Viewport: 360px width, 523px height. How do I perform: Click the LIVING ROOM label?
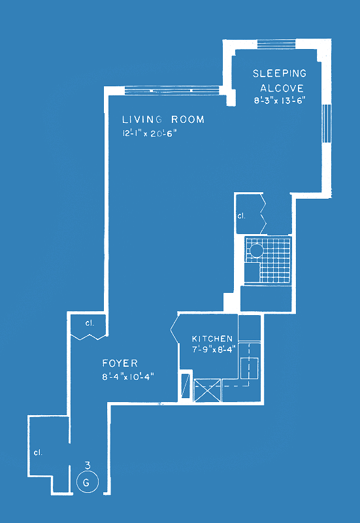163,120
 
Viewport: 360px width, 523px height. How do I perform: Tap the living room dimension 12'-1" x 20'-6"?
149,133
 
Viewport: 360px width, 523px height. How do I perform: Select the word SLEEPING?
280,74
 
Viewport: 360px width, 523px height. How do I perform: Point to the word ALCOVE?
282,88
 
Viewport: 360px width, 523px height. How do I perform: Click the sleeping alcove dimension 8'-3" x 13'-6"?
280,101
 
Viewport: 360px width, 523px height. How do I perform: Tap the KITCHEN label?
212,339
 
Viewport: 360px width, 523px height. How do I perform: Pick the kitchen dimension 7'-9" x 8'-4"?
214,349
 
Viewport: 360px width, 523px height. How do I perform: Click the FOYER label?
120,363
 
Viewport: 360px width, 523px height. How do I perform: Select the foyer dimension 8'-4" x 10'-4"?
128,377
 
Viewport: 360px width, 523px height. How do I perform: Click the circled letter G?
88,482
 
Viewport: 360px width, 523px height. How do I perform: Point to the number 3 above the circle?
88,465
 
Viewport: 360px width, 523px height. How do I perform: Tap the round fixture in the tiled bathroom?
257,250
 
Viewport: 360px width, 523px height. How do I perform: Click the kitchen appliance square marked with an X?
207,390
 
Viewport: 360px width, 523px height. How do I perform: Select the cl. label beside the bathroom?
241,216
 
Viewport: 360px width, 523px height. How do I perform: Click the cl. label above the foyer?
90,323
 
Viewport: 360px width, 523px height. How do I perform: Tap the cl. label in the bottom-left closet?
38,452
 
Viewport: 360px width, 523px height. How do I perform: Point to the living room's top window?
172,90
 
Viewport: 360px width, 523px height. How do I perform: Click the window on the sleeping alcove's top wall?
276,44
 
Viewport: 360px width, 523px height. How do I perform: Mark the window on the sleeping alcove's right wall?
327,124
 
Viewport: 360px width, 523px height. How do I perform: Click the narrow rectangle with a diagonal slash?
186,386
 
